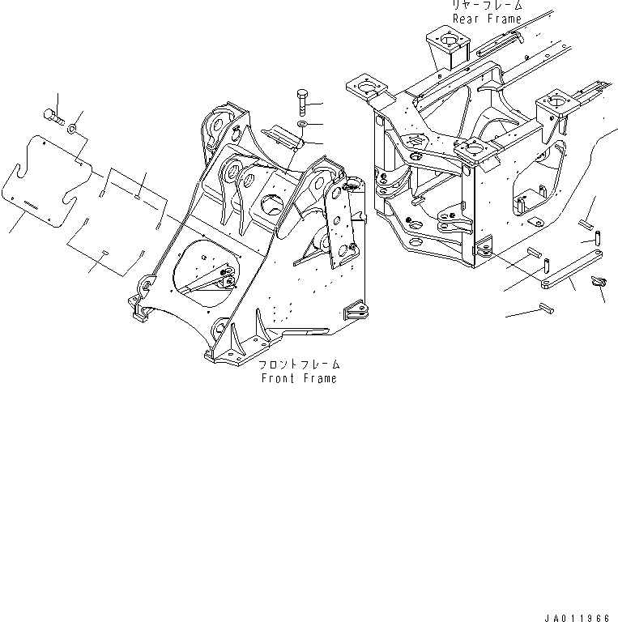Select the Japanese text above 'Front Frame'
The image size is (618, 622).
pos(298,364)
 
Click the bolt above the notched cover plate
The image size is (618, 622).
pos(54,114)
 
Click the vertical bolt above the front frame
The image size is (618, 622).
pos(302,102)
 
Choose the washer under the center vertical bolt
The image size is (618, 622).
pos(301,124)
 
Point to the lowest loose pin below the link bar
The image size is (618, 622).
pos(544,308)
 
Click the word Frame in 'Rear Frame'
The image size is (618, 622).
pos(504,18)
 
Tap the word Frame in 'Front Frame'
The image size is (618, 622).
pos(319,378)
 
